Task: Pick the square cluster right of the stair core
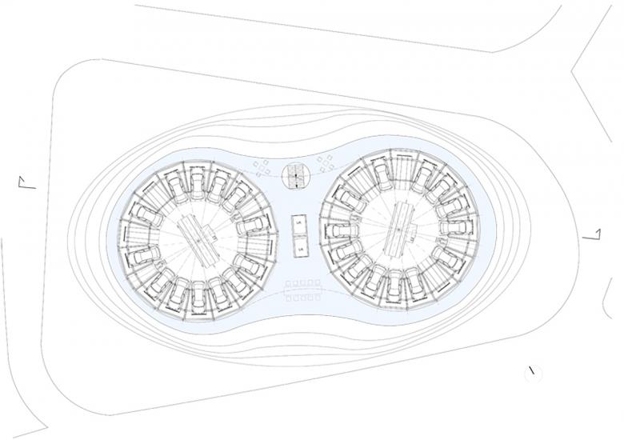pos(325,163)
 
